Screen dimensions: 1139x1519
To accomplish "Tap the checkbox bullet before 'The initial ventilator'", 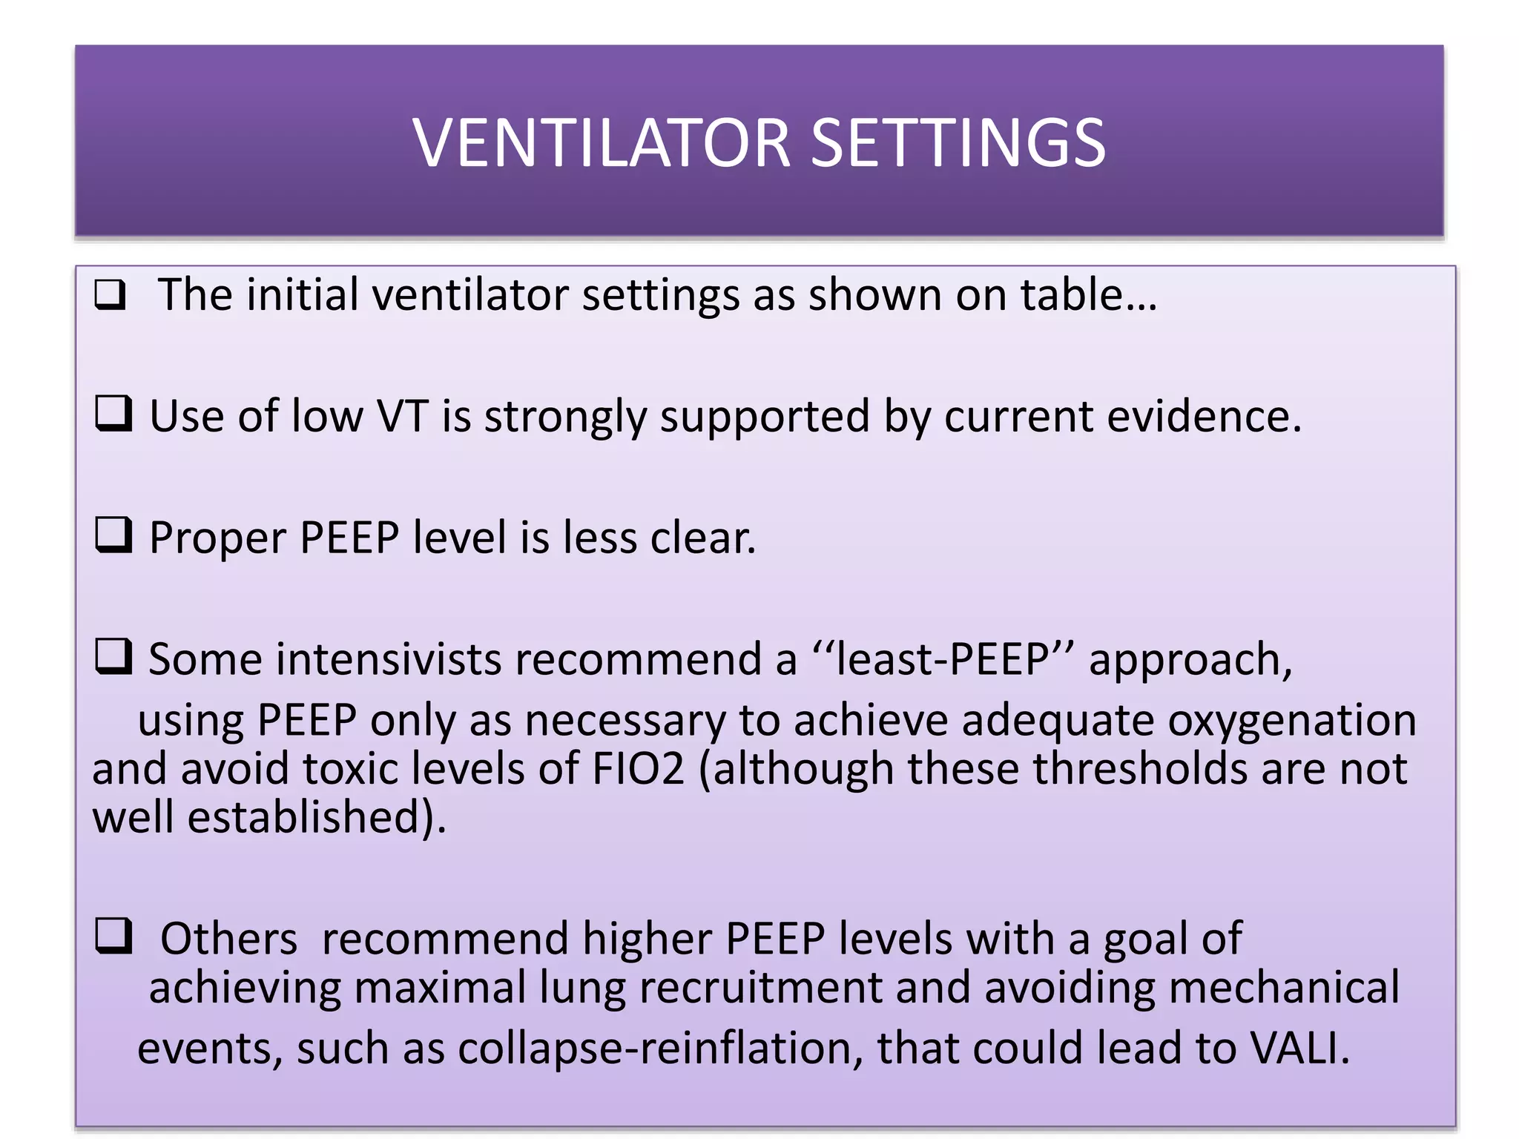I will (x=111, y=295).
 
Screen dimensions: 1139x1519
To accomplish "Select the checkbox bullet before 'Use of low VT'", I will (x=113, y=414).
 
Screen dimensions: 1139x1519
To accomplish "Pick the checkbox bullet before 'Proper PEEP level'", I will (x=113, y=535).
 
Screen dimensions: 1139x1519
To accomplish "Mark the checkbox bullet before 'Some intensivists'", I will (x=113, y=657).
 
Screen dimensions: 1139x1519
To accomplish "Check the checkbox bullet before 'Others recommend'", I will (x=113, y=936).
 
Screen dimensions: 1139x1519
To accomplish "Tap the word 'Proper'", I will (x=217, y=538).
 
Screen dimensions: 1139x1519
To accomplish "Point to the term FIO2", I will (x=639, y=769).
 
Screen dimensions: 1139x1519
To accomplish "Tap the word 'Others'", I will (x=228, y=939).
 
